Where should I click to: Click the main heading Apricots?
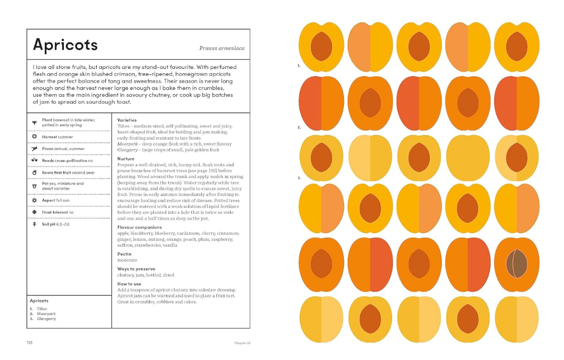click(65, 45)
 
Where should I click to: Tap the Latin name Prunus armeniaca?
click(221, 48)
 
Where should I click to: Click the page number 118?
click(30, 342)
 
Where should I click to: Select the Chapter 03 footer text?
click(242, 343)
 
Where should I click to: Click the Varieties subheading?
click(127, 120)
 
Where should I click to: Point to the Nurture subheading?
click(126, 159)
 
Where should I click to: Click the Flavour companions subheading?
click(139, 227)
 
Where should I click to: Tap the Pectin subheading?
click(124, 254)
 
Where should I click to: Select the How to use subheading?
click(129, 284)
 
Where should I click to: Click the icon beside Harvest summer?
click(34, 137)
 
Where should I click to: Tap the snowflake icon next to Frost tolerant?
click(34, 212)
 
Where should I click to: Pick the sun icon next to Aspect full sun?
click(34, 200)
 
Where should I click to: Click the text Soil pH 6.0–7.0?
click(56, 224)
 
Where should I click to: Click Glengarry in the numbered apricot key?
click(46, 318)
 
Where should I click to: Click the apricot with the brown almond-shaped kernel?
click(516, 264)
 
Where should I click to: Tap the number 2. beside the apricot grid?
click(299, 127)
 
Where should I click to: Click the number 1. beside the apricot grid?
click(299, 65)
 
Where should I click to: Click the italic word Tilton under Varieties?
click(123, 126)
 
